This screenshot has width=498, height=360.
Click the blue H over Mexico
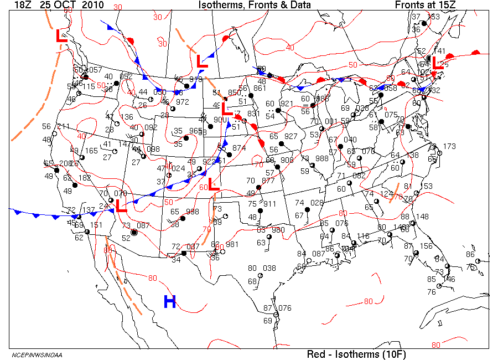tap(170, 302)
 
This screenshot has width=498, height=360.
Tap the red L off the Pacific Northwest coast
tap(62, 37)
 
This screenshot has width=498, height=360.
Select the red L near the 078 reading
tap(121, 207)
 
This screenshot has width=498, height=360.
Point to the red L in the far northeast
tap(437, 62)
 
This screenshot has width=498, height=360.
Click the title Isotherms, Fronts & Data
tap(255, 5)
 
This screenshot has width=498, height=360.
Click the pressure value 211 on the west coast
tap(63, 127)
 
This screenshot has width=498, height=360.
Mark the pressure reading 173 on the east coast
tap(449, 146)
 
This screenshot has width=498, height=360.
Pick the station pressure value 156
tap(426, 246)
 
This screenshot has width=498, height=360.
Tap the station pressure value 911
tap(269, 204)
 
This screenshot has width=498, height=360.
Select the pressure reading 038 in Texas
tap(269, 268)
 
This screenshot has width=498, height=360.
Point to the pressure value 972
tap(182, 102)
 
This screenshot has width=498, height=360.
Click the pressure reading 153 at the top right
tap(434, 17)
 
